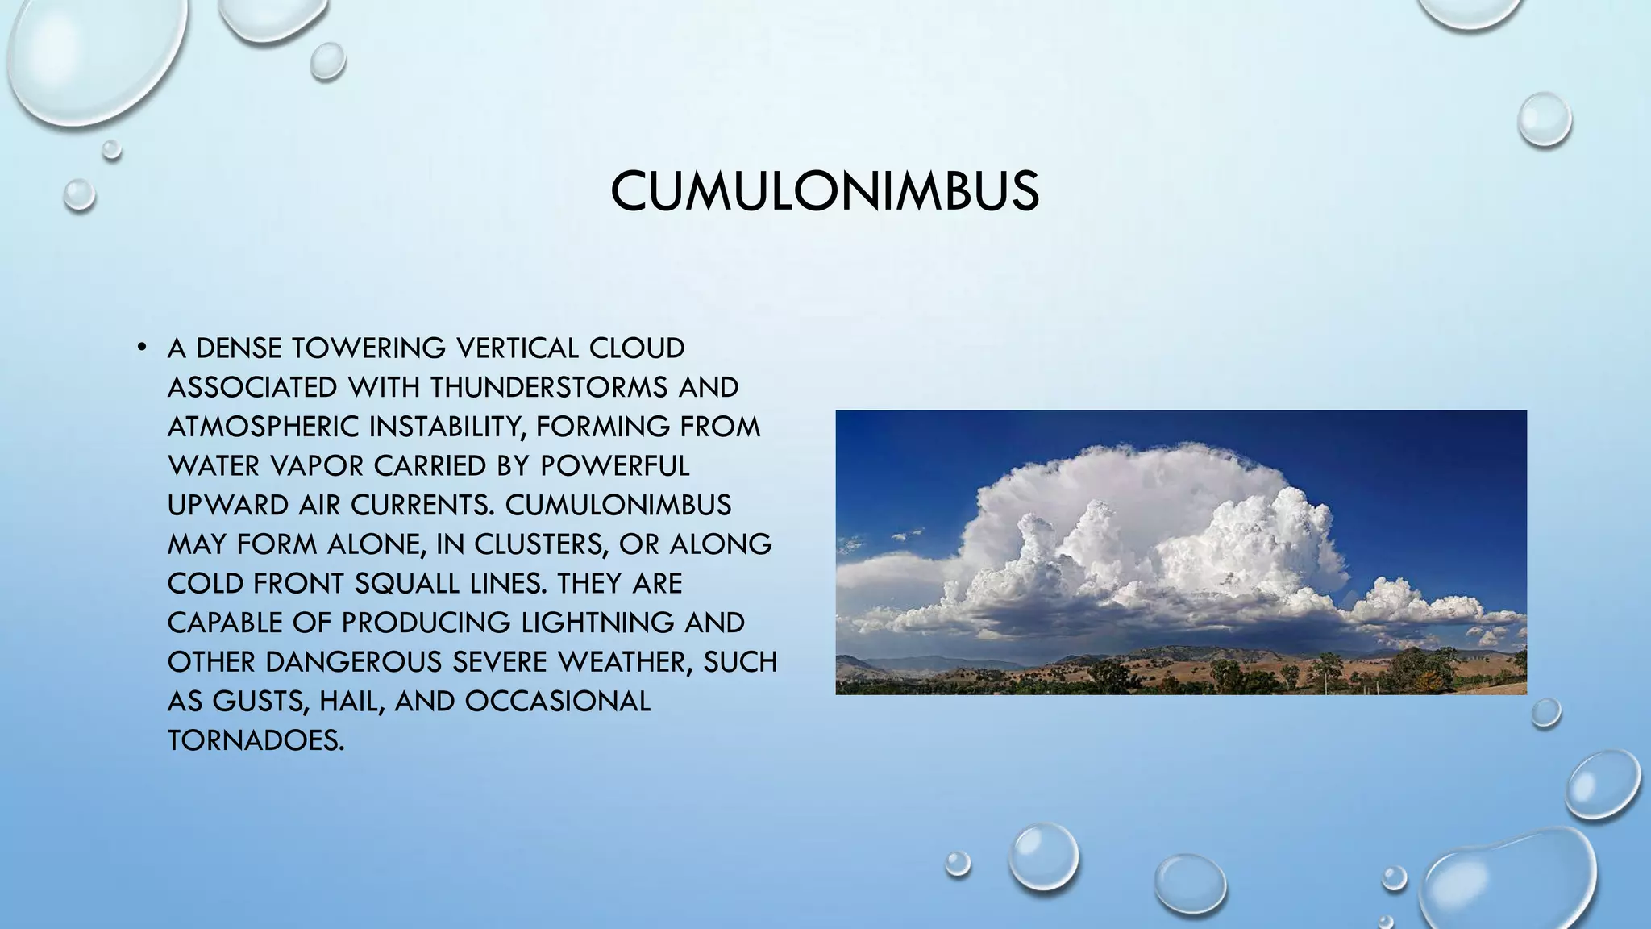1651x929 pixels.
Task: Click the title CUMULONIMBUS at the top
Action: click(x=825, y=192)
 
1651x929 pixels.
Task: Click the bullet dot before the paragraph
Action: click(x=142, y=348)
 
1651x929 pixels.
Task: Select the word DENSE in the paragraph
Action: click(x=239, y=348)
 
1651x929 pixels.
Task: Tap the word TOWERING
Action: click(x=368, y=348)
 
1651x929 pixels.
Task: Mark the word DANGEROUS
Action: click(x=353, y=662)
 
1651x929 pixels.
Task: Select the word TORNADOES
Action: click(x=256, y=740)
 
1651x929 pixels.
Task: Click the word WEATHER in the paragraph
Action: click(x=618, y=662)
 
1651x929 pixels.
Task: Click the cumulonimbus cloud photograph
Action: click(x=1180, y=552)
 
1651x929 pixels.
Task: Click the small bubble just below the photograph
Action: click(x=1545, y=713)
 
